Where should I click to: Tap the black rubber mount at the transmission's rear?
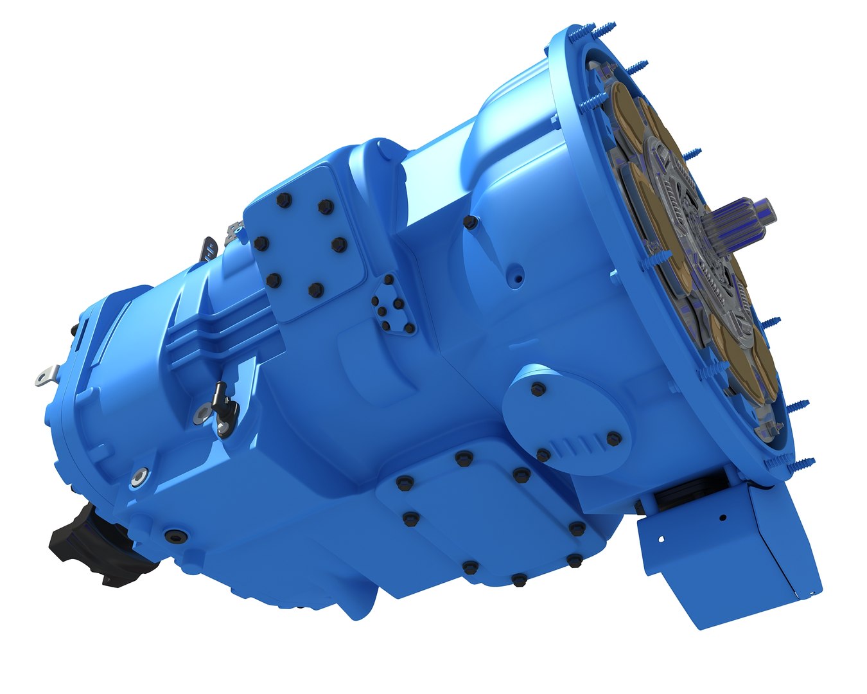tap(96, 546)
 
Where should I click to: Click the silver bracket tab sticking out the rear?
tap(45, 376)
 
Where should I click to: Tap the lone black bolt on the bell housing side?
tap(470, 222)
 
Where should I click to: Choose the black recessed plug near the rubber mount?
tap(173, 535)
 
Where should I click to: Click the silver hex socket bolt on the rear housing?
tap(138, 477)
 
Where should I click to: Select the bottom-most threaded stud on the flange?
tap(796, 461)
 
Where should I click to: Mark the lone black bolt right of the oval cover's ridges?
tap(613, 438)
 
